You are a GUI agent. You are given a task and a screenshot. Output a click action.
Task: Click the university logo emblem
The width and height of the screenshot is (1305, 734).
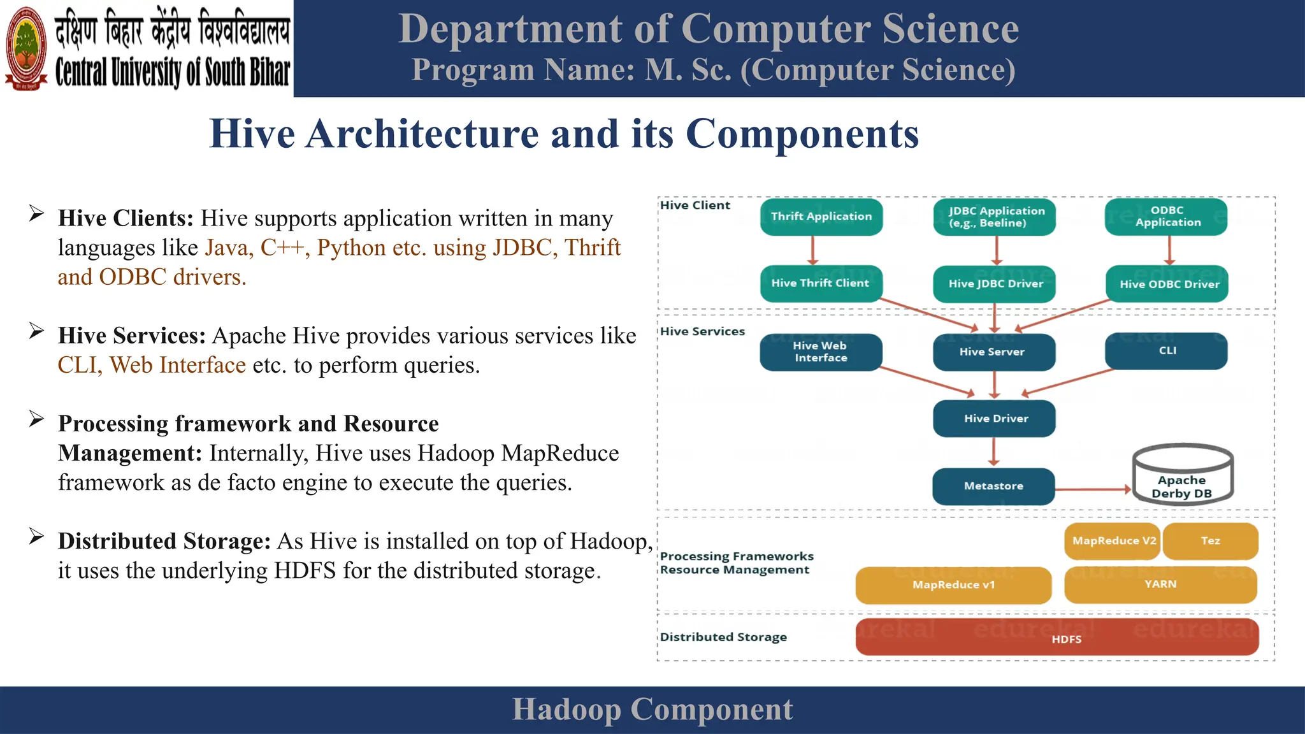pyautogui.click(x=26, y=48)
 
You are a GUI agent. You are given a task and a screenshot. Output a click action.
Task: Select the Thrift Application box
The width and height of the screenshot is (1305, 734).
pyautogui.click(x=821, y=217)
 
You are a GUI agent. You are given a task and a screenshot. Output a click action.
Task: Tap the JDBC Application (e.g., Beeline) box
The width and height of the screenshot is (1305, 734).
pyautogui.click(x=994, y=217)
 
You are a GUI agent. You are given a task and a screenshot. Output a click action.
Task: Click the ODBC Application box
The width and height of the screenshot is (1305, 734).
pyautogui.click(x=1166, y=217)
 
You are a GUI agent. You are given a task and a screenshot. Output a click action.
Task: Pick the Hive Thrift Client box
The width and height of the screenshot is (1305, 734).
pyautogui.click(x=821, y=284)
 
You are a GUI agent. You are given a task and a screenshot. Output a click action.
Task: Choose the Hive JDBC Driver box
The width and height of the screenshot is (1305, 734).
pyautogui.click(x=994, y=284)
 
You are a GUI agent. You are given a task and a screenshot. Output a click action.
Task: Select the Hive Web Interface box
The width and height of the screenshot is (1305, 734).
pyautogui.click(x=821, y=352)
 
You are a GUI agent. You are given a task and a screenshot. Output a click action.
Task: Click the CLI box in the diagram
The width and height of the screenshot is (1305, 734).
pyautogui.click(x=1166, y=351)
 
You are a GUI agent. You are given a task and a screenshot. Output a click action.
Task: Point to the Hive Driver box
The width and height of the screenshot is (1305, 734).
pyautogui.click(x=994, y=419)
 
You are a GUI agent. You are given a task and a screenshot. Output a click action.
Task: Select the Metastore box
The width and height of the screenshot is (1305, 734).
pyautogui.click(x=993, y=486)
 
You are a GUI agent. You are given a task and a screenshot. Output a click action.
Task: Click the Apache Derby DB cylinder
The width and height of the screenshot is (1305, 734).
pyautogui.click(x=1183, y=475)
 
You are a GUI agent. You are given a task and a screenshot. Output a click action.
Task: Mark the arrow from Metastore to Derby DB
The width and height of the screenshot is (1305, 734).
pyautogui.click(x=1093, y=489)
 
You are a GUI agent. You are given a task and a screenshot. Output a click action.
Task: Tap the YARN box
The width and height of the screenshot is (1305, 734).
pyautogui.click(x=1160, y=584)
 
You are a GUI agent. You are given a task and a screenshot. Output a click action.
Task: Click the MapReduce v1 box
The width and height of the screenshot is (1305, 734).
pyautogui.click(x=953, y=585)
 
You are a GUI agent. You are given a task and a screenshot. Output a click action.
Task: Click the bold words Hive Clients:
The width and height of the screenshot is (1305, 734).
pyautogui.click(x=126, y=219)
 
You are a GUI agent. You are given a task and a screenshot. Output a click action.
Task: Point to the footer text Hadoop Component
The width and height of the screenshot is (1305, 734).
pyautogui.click(x=652, y=709)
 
